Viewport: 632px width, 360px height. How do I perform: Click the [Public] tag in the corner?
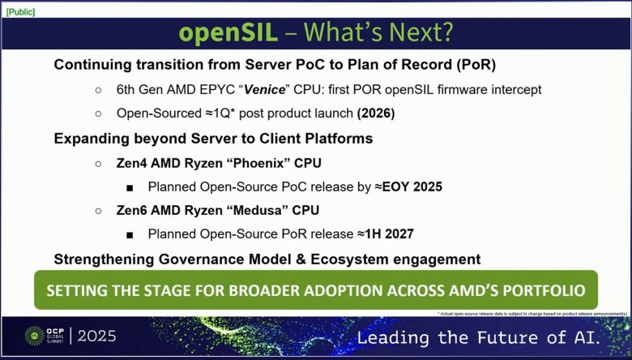(19, 11)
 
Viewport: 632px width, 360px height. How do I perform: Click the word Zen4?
(129, 162)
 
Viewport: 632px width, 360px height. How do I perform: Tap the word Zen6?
(129, 210)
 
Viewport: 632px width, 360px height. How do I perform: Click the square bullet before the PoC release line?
(130, 186)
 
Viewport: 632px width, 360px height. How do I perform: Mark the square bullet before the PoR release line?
(130, 234)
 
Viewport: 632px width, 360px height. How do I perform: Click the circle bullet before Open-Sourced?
(99, 114)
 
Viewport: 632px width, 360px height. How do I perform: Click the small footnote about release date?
(532, 313)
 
